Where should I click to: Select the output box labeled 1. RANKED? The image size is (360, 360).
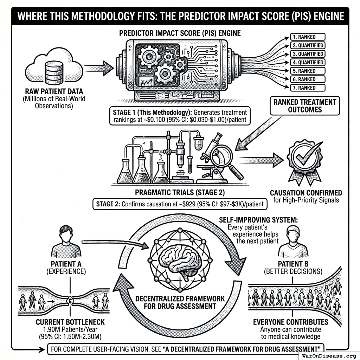307,37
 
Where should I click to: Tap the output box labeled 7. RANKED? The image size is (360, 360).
307,88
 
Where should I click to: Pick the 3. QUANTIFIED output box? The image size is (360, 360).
307,54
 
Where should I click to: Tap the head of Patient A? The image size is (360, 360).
66,233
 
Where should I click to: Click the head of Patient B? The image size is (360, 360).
293,233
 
